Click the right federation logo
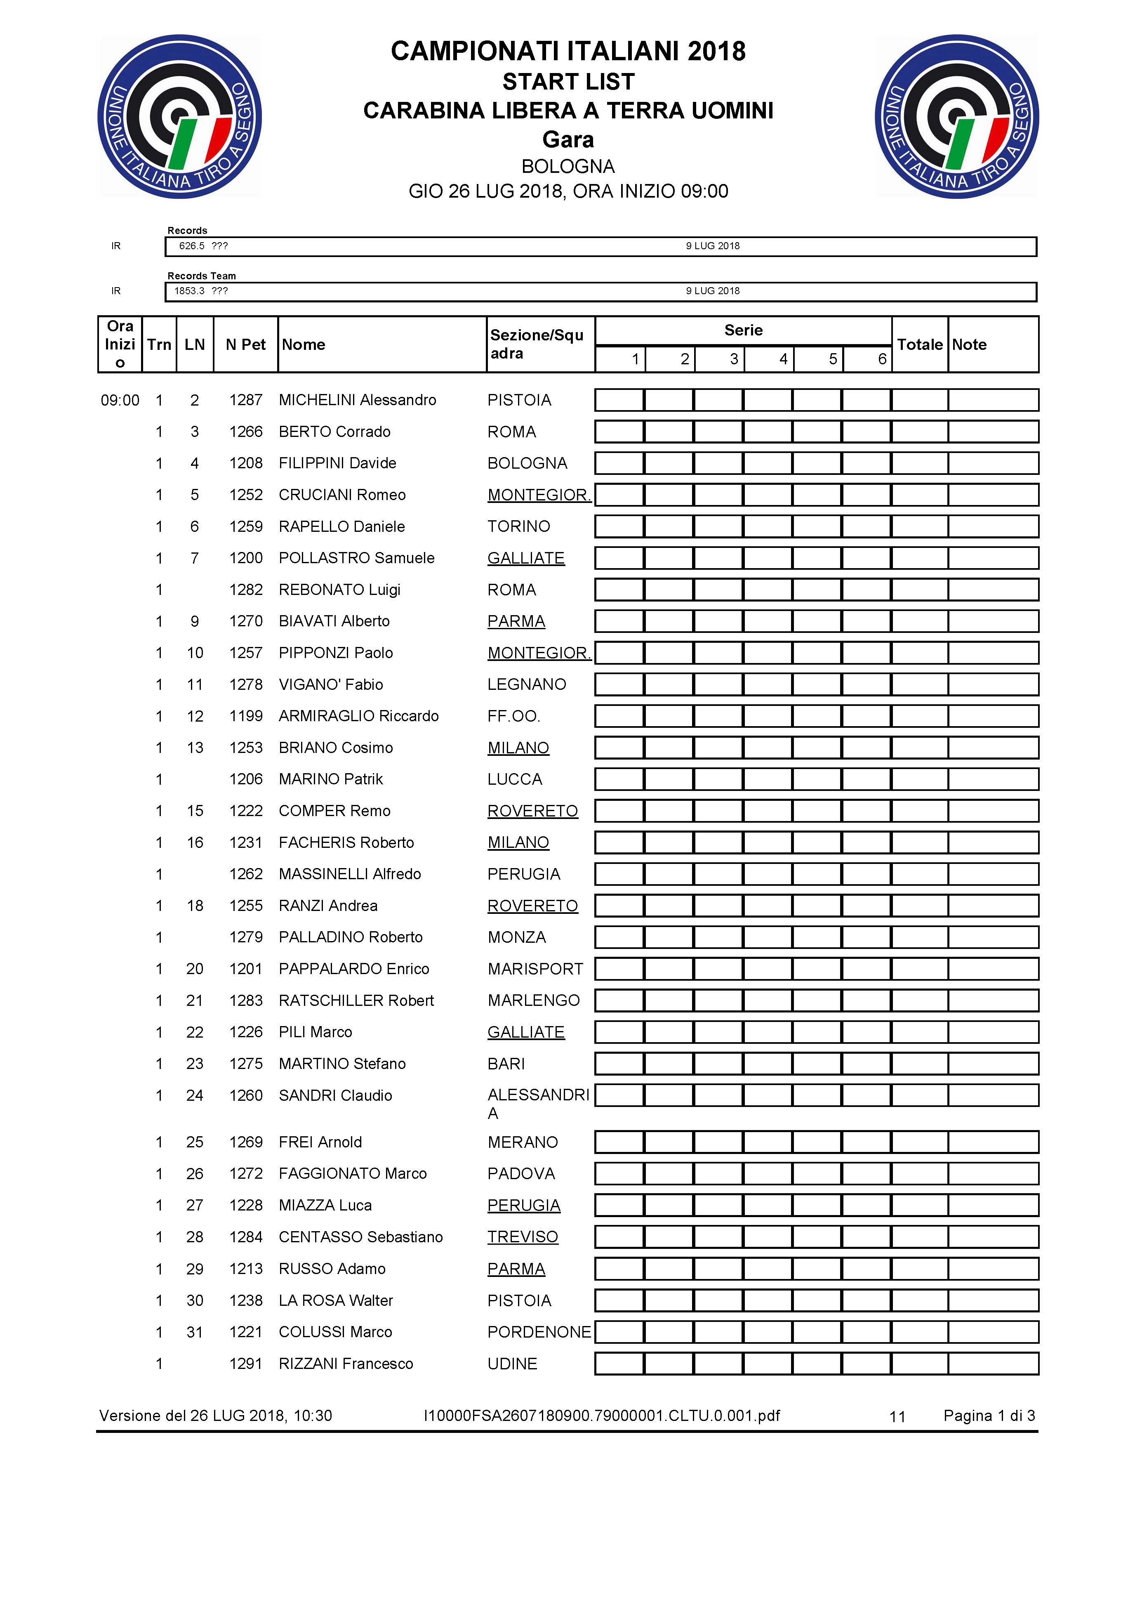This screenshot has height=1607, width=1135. point(956,117)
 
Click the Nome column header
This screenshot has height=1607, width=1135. point(304,345)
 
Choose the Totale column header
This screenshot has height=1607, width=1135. point(919,345)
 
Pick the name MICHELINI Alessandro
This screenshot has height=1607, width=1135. point(357,400)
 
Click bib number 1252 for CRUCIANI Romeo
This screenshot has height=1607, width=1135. point(246,495)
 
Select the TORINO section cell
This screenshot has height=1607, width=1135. point(518,526)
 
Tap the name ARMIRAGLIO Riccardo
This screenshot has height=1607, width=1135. point(358,716)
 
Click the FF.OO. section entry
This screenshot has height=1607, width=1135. point(513,716)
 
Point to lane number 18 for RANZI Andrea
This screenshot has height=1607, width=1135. point(195,906)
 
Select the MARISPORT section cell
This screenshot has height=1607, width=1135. point(535,969)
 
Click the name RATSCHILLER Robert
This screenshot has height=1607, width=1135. point(356,1000)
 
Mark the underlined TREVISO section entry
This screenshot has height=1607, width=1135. point(523,1237)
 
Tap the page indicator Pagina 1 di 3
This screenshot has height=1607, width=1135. point(989,1415)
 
